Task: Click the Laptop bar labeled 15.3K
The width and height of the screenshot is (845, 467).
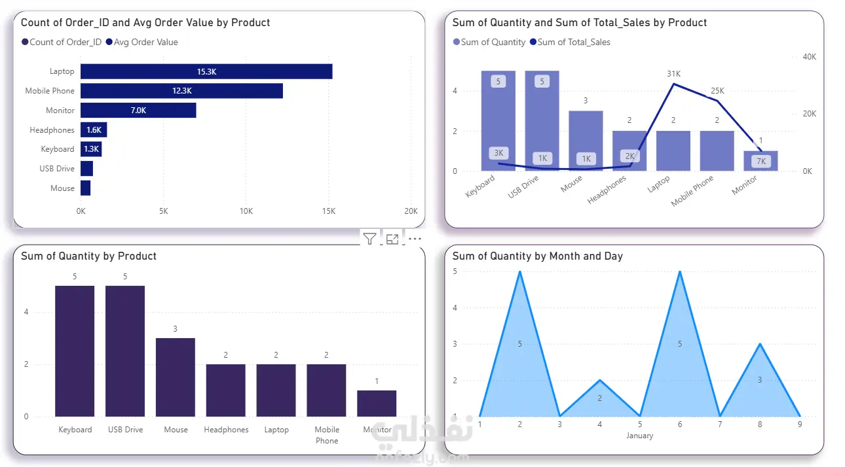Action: pyautogui.click(x=206, y=71)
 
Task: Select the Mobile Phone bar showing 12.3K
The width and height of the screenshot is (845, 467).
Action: pyautogui.click(x=182, y=91)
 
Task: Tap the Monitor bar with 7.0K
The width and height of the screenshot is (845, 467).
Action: pyautogui.click(x=138, y=111)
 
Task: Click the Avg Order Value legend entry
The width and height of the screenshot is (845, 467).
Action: pyautogui.click(x=142, y=42)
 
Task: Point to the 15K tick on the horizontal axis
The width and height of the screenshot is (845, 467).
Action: pyautogui.click(x=329, y=211)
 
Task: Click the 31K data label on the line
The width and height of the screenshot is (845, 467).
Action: pyautogui.click(x=674, y=74)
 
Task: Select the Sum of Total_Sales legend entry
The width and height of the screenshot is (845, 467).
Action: pyautogui.click(x=570, y=42)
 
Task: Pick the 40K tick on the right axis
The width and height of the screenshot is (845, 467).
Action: pyautogui.click(x=809, y=57)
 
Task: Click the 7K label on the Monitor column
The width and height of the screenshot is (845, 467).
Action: pyautogui.click(x=761, y=162)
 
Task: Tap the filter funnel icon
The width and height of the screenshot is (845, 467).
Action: pyautogui.click(x=369, y=239)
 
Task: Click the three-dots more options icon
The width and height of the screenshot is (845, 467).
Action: pyautogui.click(x=415, y=239)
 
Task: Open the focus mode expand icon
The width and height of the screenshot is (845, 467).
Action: pyautogui.click(x=392, y=239)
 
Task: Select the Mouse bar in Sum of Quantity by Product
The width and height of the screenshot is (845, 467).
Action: pyautogui.click(x=176, y=377)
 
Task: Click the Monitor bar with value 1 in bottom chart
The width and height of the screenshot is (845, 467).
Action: pyautogui.click(x=377, y=404)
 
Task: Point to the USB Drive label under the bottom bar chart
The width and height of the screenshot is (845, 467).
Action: pyautogui.click(x=125, y=430)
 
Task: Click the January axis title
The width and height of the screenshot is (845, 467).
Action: pyautogui.click(x=640, y=436)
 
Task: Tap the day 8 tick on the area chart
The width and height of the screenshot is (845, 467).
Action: pyautogui.click(x=760, y=424)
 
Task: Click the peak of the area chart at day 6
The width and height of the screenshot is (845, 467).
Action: pyautogui.click(x=680, y=271)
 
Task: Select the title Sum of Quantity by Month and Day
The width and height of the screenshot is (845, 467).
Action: pyautogui.click(x=538, y=256)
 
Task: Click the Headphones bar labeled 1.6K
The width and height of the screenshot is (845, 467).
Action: pyautogui.click(x=94, y=130)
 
